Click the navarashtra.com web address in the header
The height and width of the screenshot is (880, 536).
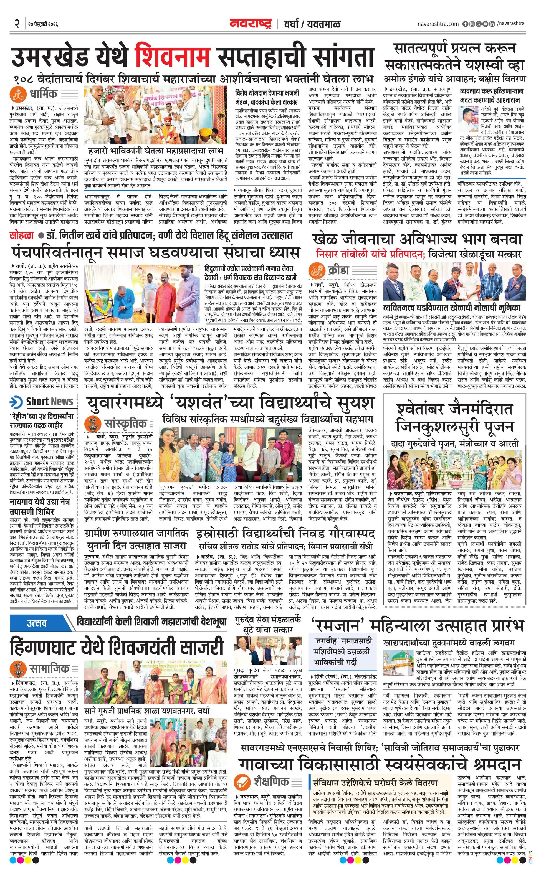[x=438, y=24]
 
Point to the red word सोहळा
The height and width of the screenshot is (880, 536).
[x=21, y=235]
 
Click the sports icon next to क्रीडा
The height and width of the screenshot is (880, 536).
[x=317, y=270]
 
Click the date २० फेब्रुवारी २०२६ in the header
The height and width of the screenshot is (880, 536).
[x=42, y=24]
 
